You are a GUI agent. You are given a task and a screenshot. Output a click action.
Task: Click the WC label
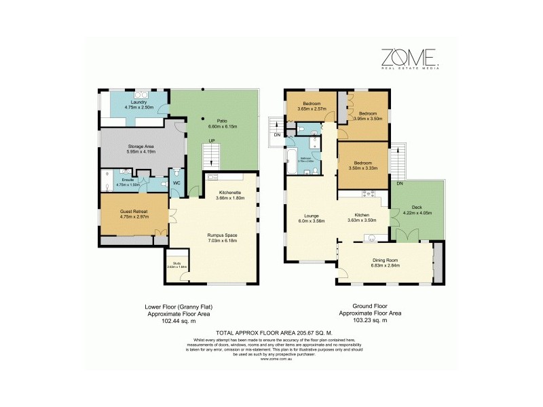pos(176,182)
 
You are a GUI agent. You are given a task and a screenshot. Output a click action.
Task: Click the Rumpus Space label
pos(222,235)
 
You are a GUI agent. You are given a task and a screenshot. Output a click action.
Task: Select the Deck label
pos(416,208)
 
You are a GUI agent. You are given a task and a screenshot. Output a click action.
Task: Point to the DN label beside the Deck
pos(399,184)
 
